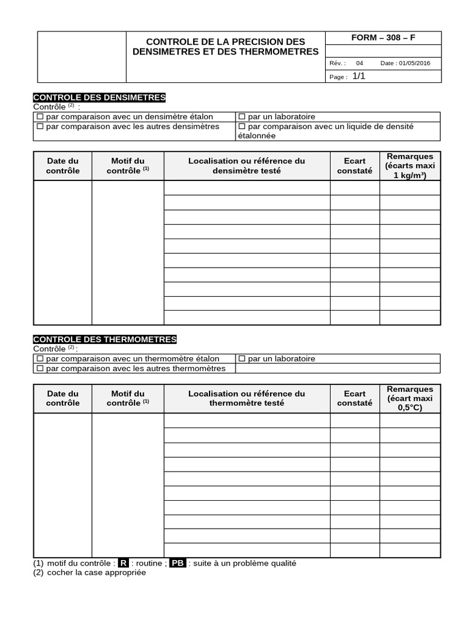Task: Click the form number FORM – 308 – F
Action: point(383,38)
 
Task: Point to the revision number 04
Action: point(360,63)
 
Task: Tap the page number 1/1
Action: point(359,76)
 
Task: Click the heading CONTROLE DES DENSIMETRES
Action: point(99,97)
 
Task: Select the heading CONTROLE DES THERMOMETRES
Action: point(105,340)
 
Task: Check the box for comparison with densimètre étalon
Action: point(40,117)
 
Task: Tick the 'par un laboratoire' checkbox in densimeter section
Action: point(242,117)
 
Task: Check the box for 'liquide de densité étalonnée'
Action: point(242,127)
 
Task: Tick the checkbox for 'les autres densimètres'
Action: point(40,127)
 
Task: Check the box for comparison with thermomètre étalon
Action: point(40,359)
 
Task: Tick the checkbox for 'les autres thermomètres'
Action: point(40,369)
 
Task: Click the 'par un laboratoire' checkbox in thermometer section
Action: point(242,359)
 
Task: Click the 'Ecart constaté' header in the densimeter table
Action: point(355,166)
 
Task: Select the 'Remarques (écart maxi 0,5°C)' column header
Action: point(410,398)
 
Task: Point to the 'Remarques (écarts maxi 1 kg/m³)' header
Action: point(410,166)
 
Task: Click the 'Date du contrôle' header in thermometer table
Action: point(63,398)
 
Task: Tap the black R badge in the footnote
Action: point(124,563)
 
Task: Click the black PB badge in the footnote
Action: point(177,563)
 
